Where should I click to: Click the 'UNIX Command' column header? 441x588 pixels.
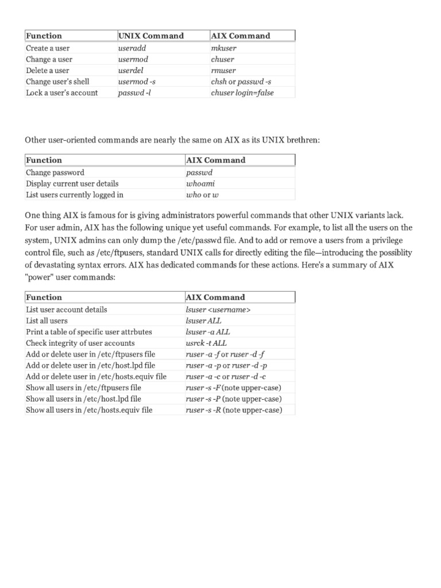tap(150, 36)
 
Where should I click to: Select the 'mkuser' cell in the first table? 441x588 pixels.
tap(223, 48)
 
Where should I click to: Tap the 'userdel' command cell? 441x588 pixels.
tap(131, 71)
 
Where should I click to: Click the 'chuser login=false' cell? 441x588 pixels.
tap(242, 93)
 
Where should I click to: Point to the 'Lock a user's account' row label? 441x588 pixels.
tap(62, 93)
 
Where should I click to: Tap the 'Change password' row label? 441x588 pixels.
tap(55, 172)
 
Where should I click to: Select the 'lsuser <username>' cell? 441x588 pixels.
tap(218, 310)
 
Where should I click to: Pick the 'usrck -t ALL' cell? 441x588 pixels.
tap(206, 343)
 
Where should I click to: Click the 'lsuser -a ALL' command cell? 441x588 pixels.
tap(208, 332)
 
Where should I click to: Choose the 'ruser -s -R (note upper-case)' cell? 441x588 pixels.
tap(234, 410)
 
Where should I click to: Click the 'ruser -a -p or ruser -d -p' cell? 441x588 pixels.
tap(226, 365)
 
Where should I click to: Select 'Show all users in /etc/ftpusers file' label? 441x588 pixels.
tap(83, 388)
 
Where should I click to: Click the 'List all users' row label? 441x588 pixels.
tap(47, 320)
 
